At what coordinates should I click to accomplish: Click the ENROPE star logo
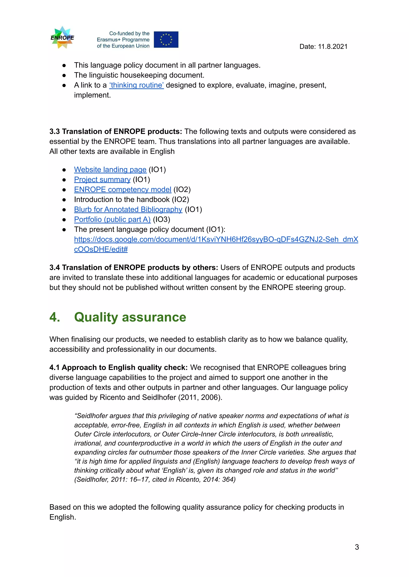pyautogui.click(x=62, y=38)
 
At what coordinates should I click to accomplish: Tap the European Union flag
pyautogui.click(x=166, y=39)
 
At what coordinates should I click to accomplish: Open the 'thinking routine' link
pyautogui.click(x=136, y=85)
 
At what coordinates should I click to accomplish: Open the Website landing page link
pyautogui.click(x=110, y=170)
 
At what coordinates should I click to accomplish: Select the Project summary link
pyautogui.click(x=102, y=180)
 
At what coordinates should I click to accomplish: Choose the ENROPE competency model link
pyautogui.click(x=122, y=189)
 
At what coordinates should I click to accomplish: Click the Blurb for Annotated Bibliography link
pyautogui.click(x=128, y=210)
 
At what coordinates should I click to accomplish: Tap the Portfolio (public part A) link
pyautogui.click(x=112, y=220)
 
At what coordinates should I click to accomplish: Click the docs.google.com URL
pyautogui.click(x=216, y=240)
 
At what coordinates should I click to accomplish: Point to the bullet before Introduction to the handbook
pyautogui.click(x=64, y=200)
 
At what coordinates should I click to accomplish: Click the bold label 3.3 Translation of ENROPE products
pyautogui.click(x=115, y=132)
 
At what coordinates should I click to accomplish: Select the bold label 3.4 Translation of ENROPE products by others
pyautogui.click(x=133, y=268)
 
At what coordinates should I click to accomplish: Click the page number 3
pyautogui.click(x=357, y=547)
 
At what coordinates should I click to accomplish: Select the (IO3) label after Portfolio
pyautogui.click(x=161, y=220)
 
